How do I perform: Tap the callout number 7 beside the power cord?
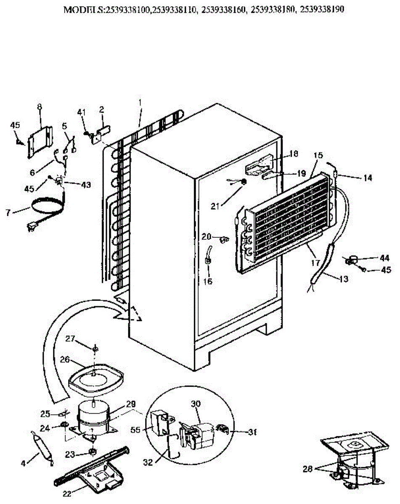[8, 213]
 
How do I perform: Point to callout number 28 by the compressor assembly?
[308, 468]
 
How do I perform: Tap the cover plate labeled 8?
[40, 141]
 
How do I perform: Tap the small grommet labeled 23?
[92, 452]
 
